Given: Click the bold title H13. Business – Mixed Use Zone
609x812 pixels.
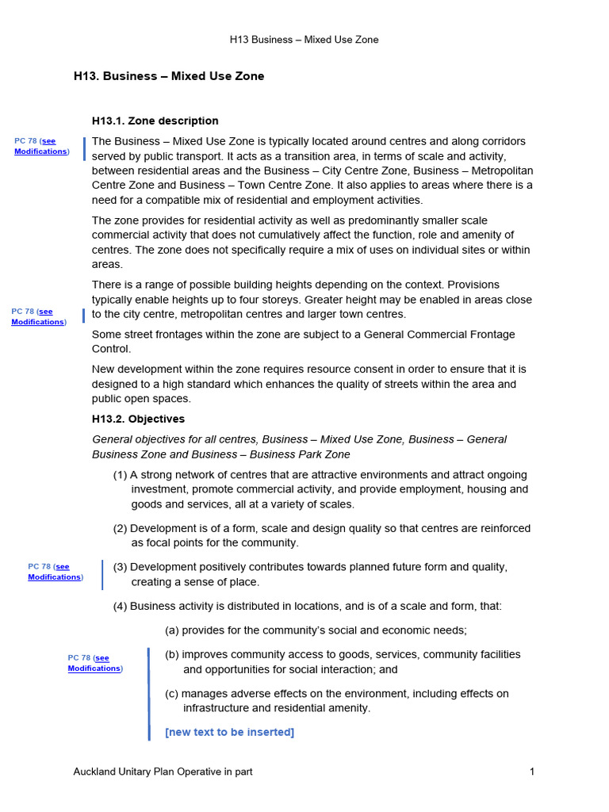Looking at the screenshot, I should [169, 76].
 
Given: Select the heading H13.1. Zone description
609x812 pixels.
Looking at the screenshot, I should [155, 121].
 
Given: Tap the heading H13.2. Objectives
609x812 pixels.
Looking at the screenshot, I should [138, 419].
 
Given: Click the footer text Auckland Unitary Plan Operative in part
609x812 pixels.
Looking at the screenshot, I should [163, 772].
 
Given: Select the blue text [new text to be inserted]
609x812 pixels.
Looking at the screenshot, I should [229, 732].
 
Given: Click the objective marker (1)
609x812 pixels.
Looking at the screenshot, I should [121, 475].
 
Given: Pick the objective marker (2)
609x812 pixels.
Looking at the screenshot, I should [121, 528].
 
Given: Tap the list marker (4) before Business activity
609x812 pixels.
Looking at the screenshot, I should [121, 607].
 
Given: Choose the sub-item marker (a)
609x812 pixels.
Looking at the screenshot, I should [172, 630].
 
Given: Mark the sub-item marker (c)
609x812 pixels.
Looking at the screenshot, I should [172, 694].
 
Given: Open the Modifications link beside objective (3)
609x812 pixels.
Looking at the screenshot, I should [54, 577].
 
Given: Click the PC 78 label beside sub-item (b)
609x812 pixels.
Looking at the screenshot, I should [79, 658].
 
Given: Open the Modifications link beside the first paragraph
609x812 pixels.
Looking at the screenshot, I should [40, 151].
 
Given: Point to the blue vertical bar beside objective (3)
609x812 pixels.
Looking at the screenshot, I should [102, 574].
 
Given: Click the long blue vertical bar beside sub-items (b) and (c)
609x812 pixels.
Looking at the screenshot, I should [148, 693].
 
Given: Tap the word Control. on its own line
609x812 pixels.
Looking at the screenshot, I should [112, 349].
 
